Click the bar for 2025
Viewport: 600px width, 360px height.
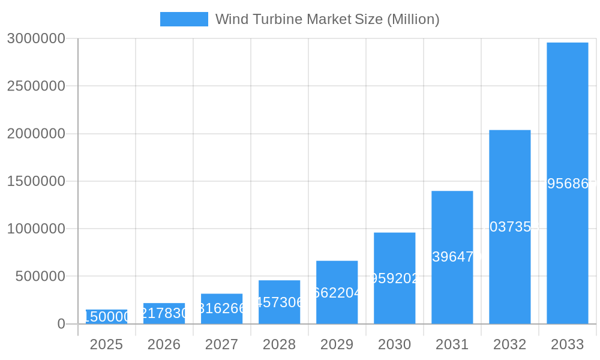click(x=107, y=317)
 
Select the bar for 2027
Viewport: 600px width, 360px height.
click(x=222, y=308)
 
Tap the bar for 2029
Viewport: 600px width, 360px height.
click(x=337, y=292)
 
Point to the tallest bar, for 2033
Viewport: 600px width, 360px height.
click(x=568, y=183)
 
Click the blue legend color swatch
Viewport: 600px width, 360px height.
click(x=184, y=19)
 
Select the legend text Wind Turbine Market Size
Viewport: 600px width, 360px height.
click(x=327, y=19)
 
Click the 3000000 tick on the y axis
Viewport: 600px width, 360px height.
click(x=36, y=38)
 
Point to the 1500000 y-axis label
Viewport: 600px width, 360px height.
click(x=36, y=181)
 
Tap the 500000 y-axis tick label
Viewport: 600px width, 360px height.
click(x=40, y=277)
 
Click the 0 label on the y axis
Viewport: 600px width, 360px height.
click(x=61, y=324)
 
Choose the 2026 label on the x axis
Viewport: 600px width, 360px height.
click(x=164, y=344)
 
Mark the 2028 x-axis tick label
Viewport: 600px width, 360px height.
click(x=280, y=344)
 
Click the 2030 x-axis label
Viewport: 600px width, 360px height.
click(x=395, y=344)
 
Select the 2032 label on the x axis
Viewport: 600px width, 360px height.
click(x=510, y=344)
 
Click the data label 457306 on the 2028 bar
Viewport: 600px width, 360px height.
click(x=280, y=302)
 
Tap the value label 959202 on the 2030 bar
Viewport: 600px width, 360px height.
click(x=395, y=278)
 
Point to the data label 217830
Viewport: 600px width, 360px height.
click(x=164, y=313)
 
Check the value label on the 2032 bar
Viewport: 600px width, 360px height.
click(x=510, y=227)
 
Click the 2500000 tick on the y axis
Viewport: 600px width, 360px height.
click(x=36, y=86)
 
